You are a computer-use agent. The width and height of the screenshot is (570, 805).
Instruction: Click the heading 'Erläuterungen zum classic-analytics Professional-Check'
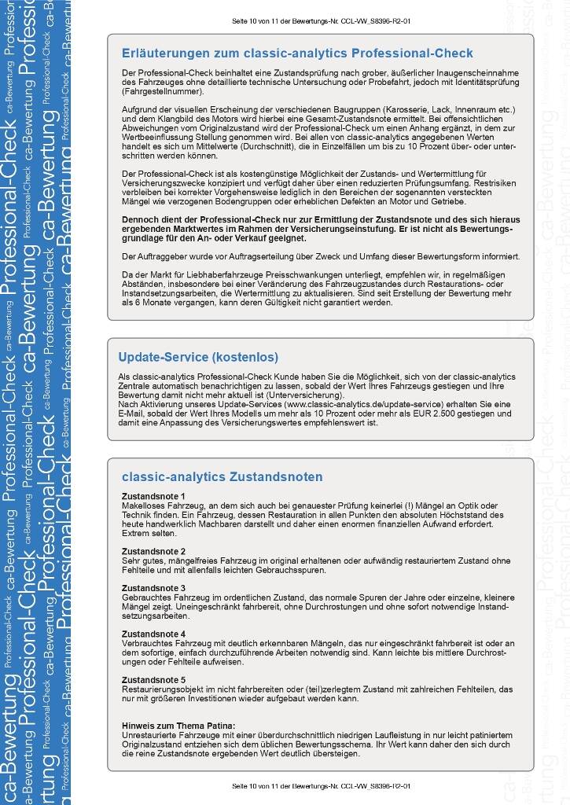click(297, 53)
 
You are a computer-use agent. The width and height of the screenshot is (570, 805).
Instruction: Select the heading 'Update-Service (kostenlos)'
click(198, 357)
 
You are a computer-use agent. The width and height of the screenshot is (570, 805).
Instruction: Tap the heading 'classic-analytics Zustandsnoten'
click(222, 476)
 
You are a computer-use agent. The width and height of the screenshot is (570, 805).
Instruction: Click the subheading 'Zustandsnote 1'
click(153, 496)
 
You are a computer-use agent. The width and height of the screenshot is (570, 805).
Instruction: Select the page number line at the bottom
click(322, 785)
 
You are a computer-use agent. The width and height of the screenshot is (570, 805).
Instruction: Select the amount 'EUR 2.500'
click(464, 414)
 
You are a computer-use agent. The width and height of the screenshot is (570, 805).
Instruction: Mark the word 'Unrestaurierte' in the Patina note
click(149, 734)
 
